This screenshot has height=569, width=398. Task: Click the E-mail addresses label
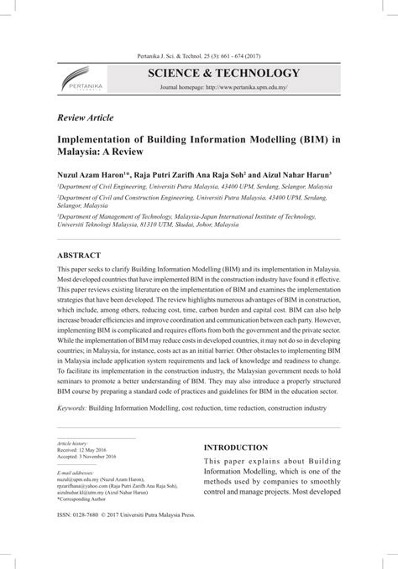click(x=75, y=494)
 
